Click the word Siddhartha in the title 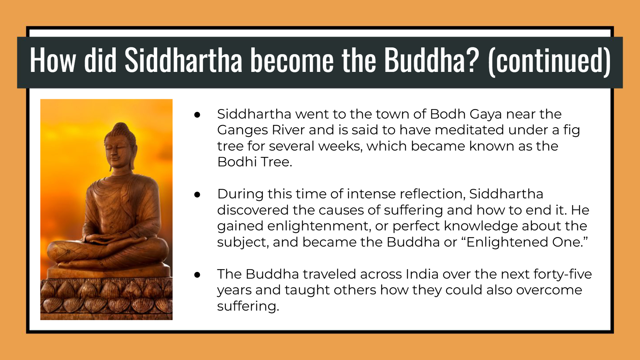(x=183, y=60)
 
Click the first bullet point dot (x=197, y=115)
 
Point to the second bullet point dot (x=197, y=195)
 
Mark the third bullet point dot (x=197, y=275)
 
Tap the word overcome (x=549, y=290)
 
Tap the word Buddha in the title (x=425, y=60)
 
